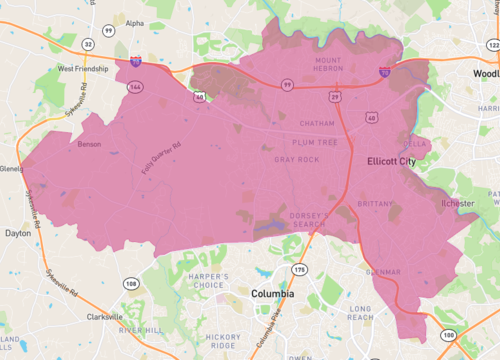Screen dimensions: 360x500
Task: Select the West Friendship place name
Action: [x=83, y=69]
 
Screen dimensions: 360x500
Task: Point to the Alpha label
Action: [x=134, y=23]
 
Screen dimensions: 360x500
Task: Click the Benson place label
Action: [x=89, y=144]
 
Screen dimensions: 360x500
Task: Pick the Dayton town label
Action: [x=18, y=232]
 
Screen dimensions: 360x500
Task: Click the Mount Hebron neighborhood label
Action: [x=327, y=65]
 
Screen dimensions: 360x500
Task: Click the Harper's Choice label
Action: [x=206, y=281]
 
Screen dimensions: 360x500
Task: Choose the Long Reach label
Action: [x=360, y=313]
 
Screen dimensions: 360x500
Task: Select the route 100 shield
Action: [x=448, y=334]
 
